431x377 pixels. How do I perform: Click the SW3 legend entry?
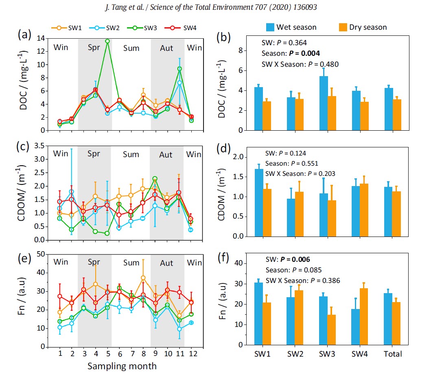153,28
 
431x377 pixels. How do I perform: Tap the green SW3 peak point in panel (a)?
107,41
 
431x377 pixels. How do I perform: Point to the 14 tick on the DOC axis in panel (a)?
41,38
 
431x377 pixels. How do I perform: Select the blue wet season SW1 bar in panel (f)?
258,313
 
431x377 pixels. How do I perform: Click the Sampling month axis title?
122,366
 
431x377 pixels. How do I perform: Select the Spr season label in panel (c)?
94,154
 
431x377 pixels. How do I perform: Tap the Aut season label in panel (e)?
166,263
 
